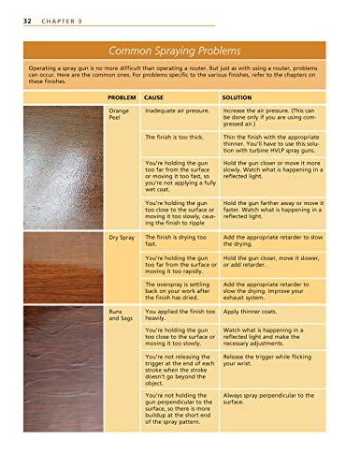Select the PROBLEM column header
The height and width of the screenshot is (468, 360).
[123, 96]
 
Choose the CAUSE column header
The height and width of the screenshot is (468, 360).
[154, 96]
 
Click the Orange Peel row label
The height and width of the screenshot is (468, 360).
[119, 115]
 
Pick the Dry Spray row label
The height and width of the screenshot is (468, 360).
[123, 239]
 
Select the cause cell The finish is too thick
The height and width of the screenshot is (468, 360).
[174, 137]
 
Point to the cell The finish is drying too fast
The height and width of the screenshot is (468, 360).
[175, 242]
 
